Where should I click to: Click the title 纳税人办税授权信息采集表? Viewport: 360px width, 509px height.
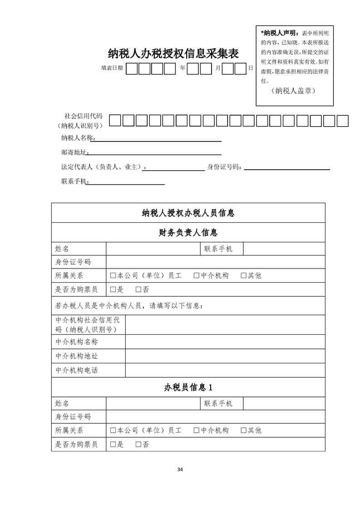click(173, 54)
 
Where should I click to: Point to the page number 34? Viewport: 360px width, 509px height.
click(180, 469)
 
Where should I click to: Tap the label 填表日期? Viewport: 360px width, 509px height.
click(112, 69)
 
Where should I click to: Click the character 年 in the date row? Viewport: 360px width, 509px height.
click(182, 69)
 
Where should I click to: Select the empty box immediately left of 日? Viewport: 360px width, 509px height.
click(240, 69)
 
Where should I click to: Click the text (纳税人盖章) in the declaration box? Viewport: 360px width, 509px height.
click(295, 91)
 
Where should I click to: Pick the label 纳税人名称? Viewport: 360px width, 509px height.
click(78, 138)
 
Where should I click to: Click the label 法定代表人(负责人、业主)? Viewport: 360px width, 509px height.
click(104, 167)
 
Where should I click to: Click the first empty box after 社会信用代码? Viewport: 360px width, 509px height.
click(115, 121)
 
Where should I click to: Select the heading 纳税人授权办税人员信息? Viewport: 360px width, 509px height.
click(188, 213)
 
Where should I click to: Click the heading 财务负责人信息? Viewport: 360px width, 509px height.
click(188, 233)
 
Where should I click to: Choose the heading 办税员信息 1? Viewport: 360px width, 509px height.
click(188, 387)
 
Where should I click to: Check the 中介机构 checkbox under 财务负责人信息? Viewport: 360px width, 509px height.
click(197, 275)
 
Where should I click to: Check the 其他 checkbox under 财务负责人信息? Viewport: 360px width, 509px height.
click(244, 275)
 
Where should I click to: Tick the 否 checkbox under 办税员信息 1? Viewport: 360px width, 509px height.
click(138, 445)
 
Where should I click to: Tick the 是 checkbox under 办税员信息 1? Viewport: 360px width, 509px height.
click(113, 445)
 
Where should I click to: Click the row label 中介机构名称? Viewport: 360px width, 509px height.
click(76, 342)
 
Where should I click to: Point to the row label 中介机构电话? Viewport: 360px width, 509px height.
click(76, 370)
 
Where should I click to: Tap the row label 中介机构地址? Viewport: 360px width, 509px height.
click(76, 356)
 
